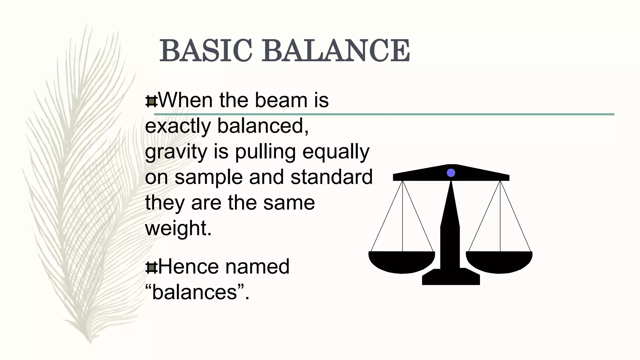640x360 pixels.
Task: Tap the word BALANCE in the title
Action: click(x=336, y=51)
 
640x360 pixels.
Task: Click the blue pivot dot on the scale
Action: click(x=451, y=173)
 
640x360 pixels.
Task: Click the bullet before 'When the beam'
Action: click(x=152, y=101)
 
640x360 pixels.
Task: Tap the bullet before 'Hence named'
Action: click(x=152, y=267)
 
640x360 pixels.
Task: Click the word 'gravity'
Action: click(x=176, y=152)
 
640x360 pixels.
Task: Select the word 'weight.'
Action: click(x=178, y=228)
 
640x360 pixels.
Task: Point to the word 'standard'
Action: click(x=332, y=177)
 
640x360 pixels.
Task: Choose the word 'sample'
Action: click(x=208, y=177)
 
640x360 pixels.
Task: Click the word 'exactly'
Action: click(x=178, y=126)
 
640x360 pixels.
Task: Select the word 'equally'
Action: click(x=336, y=152)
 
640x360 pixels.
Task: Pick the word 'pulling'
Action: click(x=265, y=152)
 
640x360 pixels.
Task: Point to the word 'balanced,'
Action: click(x=263, y=126)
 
